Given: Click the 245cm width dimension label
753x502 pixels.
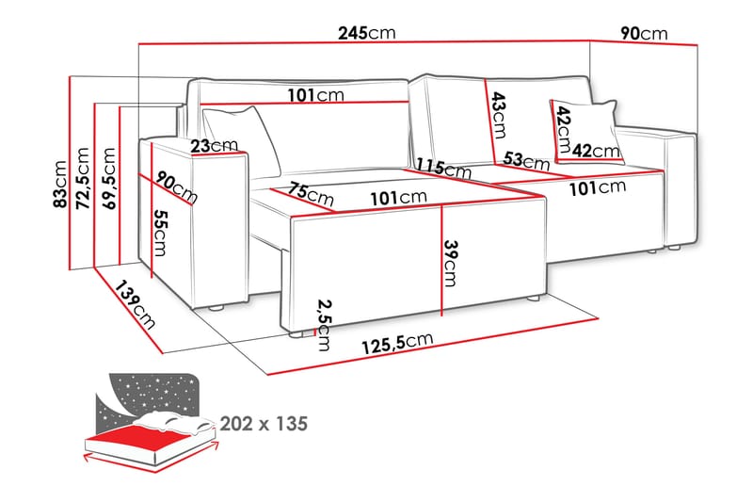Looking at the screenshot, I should tap(367, 33).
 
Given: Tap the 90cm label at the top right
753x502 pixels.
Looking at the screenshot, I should tap(644, 33).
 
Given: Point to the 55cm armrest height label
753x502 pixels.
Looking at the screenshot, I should tap(163, 234).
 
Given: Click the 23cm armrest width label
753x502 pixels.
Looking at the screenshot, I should tap(213, 146).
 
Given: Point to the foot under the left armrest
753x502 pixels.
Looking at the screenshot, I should tap(218, 306).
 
